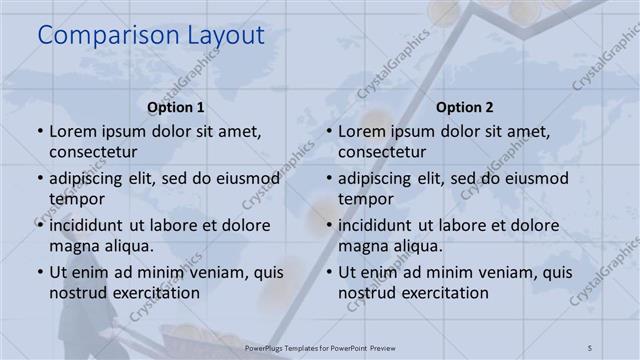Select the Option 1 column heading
point(176,107)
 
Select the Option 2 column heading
point(465,107)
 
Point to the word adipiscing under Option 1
point(90,178)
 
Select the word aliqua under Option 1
point(127,246)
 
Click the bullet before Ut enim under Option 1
point(39,272)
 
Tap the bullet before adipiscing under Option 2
point(328,179)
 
